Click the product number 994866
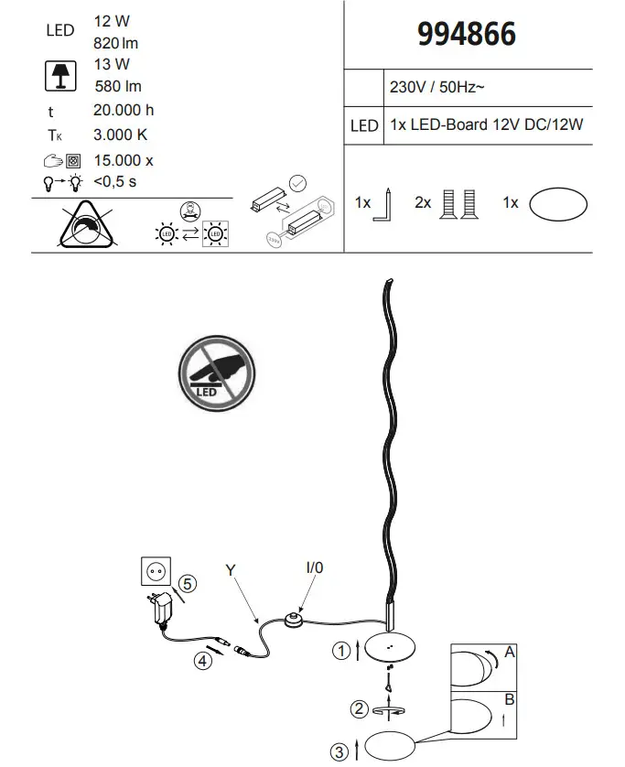467,35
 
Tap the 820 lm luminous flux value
116,43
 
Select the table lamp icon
60,76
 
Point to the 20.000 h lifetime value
124,111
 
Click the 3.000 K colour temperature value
121,135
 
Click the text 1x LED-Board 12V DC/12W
486,125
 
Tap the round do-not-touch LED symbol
216,375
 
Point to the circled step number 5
187,583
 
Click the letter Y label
230,570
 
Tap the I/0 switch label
314,567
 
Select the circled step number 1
340,651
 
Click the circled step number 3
339,751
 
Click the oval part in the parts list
558,203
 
